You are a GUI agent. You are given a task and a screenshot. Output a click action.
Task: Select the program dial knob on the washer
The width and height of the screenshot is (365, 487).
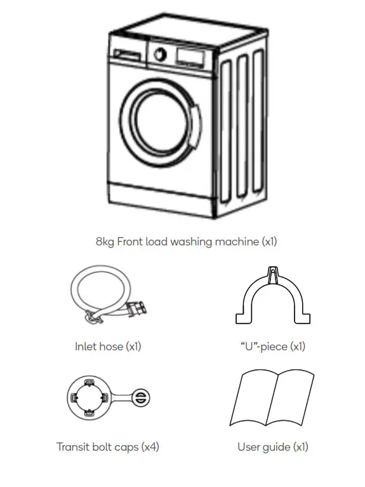point(161,54)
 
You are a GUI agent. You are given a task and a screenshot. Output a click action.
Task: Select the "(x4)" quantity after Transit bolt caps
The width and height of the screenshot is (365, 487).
point(150,447)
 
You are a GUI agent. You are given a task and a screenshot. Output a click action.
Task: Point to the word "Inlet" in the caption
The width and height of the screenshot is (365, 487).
point(86,346)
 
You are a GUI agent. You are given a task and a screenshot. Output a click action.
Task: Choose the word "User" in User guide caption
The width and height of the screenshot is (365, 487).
point(249,447)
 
